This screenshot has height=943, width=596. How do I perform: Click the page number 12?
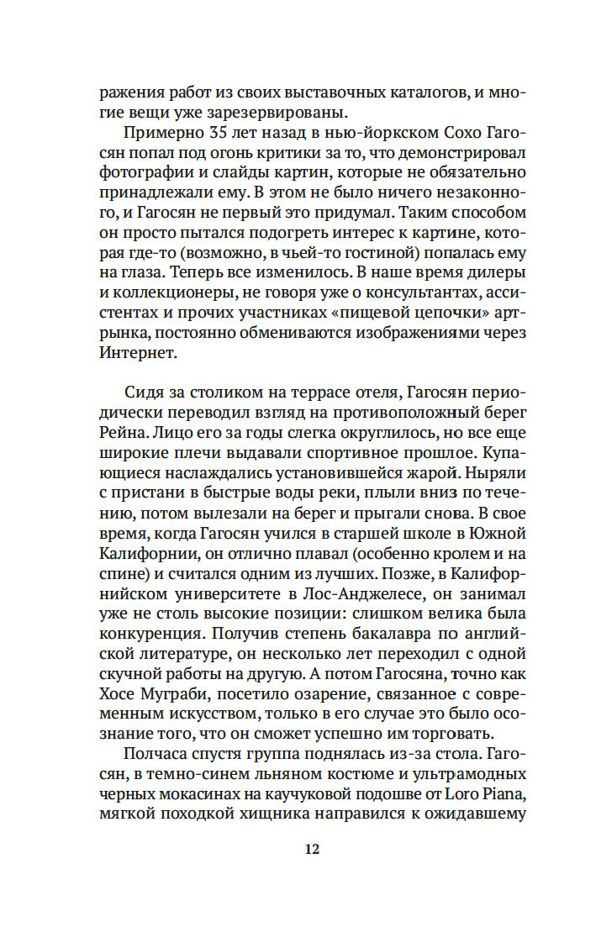pyautogui.click(x=311, y=849)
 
